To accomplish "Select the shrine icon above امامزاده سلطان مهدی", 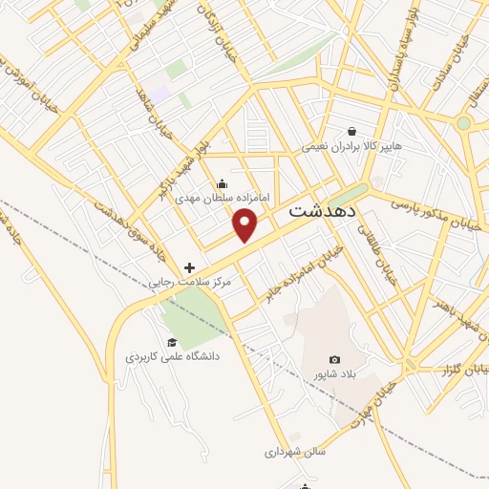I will (x=222, y=183).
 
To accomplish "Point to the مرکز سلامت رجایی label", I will (x=189, y=283).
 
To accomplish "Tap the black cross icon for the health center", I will (x=189, y=267).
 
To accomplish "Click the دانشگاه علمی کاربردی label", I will (x=173, y=355).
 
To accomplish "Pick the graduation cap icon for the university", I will (x=172, y=342).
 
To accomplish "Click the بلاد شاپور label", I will (x=334, y=372).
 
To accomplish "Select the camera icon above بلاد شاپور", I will (x=334, y=358).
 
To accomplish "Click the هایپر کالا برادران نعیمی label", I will (x=352, y=147).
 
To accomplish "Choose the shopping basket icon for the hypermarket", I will (x=352, y=132).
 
